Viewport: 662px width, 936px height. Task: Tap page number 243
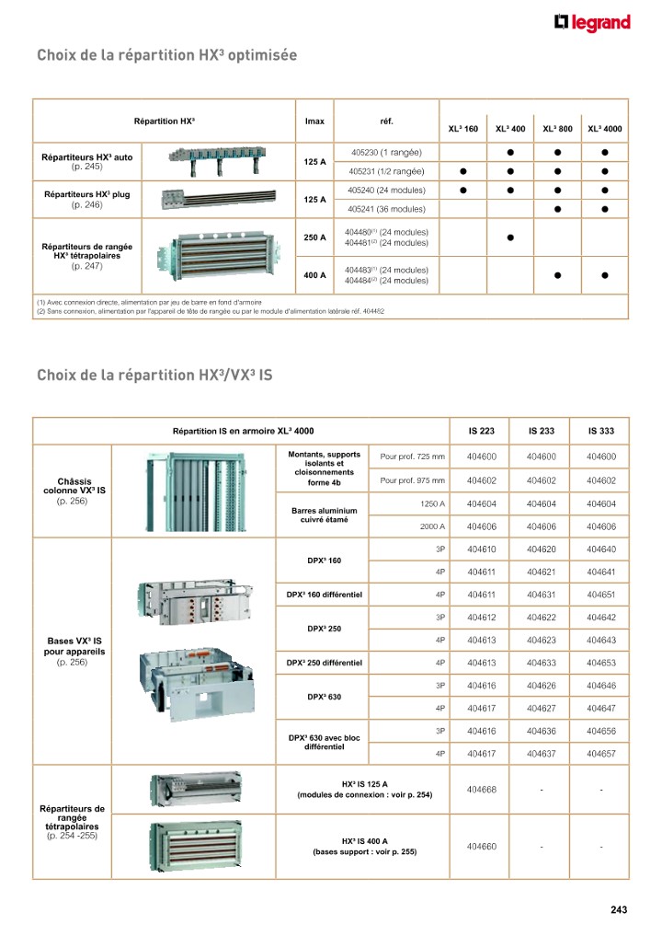point(618,910)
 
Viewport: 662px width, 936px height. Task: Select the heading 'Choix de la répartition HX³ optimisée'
point(166,56)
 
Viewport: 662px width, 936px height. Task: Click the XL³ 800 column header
point(557,130)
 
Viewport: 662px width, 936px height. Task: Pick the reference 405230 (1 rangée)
point(386,152)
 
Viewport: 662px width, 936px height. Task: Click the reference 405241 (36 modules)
point(386,209)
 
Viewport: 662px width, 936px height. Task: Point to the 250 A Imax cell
point(315,237)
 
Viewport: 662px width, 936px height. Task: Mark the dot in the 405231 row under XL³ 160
point(463,171)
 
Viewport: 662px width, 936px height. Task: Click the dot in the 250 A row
point(509,237)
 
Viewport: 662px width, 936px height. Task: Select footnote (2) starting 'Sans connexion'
point(211,311)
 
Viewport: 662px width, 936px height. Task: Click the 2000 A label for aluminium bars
point(432,526)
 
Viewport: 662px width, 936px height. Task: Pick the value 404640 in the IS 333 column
point(600,549)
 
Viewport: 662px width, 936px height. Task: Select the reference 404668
point(482,790)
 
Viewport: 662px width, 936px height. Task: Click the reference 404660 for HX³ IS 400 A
point(482,847)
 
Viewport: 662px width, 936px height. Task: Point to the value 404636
point(542,731)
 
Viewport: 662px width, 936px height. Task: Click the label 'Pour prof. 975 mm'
point(413,480)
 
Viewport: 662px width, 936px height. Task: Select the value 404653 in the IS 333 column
point(600,663)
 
